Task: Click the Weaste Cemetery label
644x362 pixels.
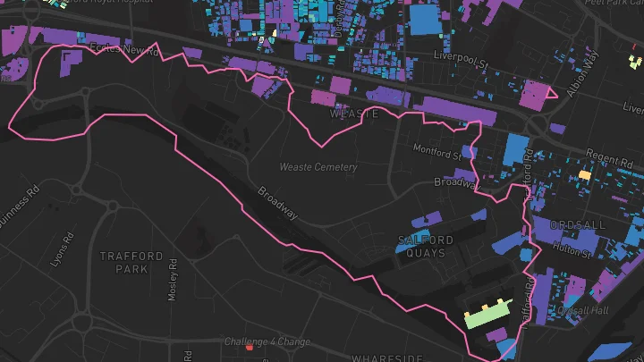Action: coord(318,167)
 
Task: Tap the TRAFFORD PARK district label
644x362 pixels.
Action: coord(131,262)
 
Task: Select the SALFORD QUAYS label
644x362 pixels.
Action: coord(425,247)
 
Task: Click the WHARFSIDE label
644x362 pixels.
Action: coord(386,357)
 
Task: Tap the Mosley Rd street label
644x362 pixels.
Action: coord(174,280)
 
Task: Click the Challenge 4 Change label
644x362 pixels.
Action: coord(267,341)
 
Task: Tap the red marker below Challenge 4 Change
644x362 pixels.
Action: coord(250,349)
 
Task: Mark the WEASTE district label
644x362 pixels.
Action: coord(351,114)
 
